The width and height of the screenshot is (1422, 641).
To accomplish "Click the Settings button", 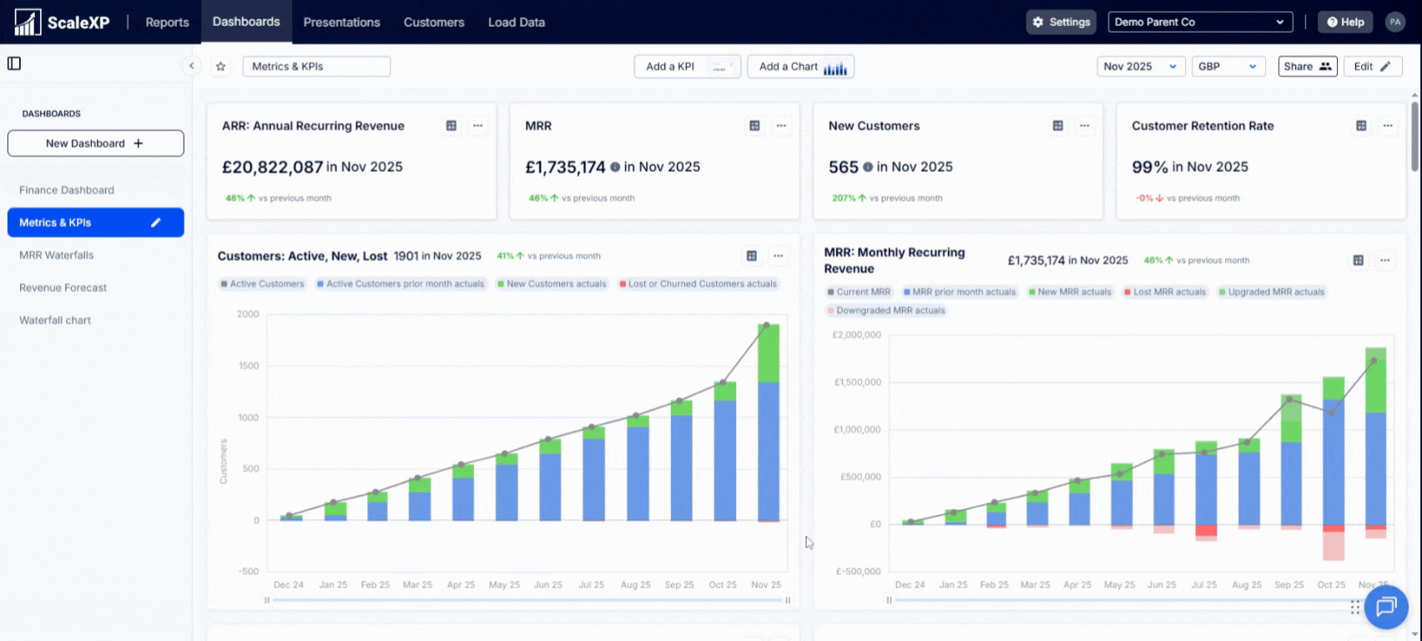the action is click(1061, 23).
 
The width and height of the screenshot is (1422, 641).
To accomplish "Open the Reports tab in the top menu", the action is click(167, 23).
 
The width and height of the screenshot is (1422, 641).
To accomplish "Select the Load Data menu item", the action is click(516, 23).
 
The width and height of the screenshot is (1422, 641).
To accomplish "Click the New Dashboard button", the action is click(96, 144).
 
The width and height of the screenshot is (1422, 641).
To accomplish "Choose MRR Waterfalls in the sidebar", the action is click(57, 255).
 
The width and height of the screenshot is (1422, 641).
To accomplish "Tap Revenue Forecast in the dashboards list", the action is click(63, 287).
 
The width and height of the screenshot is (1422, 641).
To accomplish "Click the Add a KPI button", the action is click(687, 67).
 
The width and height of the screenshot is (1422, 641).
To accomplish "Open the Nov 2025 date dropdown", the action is click(1140, 67).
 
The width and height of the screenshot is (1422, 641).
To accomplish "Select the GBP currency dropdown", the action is click(1228, 67).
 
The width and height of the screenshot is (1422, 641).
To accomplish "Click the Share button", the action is click(1307, 67).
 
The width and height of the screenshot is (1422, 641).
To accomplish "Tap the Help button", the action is click(1345, 23).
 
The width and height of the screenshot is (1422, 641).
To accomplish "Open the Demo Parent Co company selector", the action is click(1200, 23).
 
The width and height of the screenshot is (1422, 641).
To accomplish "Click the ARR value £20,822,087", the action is click(272, 167).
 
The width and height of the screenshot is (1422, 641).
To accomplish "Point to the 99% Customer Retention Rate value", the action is click(1150, 167).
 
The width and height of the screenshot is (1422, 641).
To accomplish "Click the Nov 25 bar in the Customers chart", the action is click(768, 422).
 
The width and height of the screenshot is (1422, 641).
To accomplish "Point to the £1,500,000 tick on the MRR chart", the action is click(857, 382).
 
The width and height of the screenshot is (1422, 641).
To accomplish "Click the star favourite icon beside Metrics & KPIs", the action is click(220, 67).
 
